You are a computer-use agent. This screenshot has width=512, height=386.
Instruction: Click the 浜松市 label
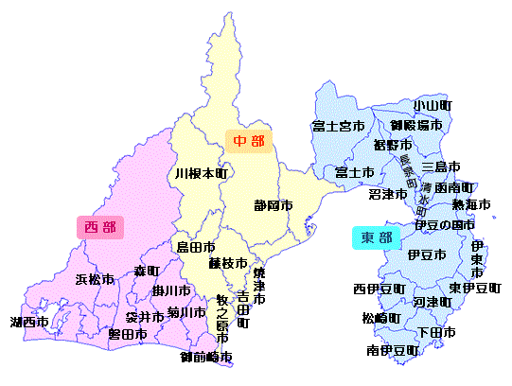tap(95, 280)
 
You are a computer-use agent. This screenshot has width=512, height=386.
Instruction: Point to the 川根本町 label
tap(201, 175)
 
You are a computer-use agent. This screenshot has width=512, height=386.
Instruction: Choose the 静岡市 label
tap(274, 205)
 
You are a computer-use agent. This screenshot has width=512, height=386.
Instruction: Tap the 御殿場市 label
tap(416, 125)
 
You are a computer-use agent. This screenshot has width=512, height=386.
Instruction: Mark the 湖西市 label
tap(29, 323)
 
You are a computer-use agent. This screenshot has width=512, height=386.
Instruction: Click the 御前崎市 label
tap(206, 358)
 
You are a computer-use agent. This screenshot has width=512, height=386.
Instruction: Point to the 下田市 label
tap(436, 333)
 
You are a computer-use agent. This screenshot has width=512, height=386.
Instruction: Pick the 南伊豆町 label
tap(393, 351)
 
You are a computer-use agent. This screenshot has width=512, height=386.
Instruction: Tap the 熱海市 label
tap(471, 205)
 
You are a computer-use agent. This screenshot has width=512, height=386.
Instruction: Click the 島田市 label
tap(196, 247)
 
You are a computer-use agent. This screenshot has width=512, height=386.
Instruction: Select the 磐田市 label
tap(127, 334)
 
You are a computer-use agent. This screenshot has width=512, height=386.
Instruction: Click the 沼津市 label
tap(388, 194)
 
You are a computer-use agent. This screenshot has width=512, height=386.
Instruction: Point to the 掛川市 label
tap(171, 290)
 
